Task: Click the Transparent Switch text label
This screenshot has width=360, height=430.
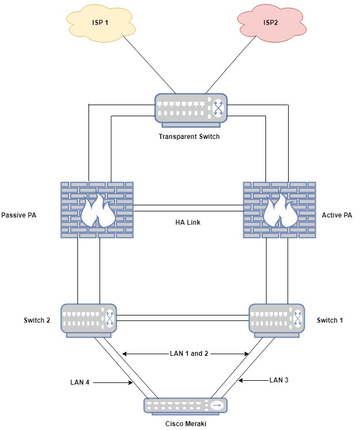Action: point(190,137)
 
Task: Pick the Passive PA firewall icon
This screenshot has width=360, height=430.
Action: point(97,209)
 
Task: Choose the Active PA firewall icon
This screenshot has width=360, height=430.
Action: point(280,209)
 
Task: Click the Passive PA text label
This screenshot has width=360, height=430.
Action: point(19,215)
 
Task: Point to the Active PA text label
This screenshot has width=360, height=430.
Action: point(337,215)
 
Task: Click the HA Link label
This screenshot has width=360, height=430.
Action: point(188,222)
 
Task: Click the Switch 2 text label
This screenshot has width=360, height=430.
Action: point(37,320)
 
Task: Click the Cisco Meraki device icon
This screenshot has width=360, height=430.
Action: point(186,406)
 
